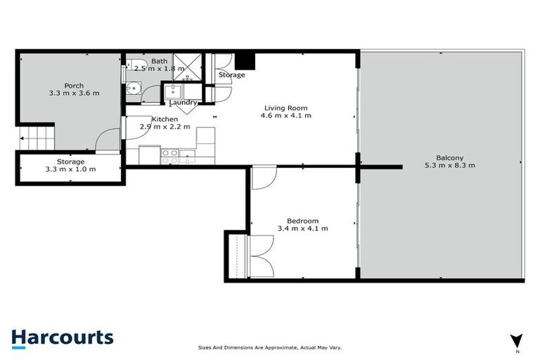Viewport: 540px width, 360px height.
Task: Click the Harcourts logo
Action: click(x=62, y=337)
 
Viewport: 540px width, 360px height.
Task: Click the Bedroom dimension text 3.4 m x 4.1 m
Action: click(x=303, y=228)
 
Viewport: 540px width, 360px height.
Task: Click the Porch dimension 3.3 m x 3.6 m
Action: click(x=74, y=93)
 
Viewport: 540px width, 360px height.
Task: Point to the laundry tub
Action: click(x=172, y=91)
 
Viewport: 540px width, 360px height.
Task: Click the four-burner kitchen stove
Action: click(x=170, y=156)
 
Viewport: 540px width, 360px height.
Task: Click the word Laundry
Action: click(x=183, y=103)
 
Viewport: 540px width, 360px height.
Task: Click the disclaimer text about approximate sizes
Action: click(x=269, y=347)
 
